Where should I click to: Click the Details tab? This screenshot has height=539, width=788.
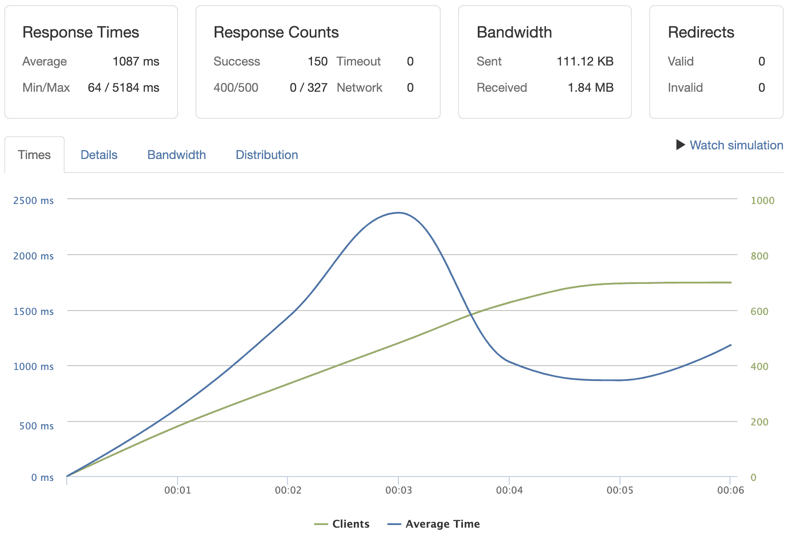click(99, 155)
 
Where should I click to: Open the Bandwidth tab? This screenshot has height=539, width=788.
click(176, 155)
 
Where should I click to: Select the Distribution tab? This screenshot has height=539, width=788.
click(267, 155)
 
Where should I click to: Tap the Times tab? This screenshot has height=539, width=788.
click(34, 155)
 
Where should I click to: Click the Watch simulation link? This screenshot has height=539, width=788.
click(736, 145)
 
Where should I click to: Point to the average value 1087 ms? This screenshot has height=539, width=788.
click(136, 62)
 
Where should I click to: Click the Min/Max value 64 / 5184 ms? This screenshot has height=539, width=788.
click(123, 88)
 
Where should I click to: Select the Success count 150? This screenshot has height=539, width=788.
click(317, 62)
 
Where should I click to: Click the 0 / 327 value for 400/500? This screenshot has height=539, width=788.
click(308, 88)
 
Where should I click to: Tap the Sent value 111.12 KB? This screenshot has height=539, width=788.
click(585, 62)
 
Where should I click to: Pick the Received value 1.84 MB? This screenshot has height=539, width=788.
click(590, 88)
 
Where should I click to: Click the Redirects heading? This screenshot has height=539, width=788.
click(701, 32)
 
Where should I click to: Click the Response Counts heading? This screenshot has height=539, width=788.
click(276, 32)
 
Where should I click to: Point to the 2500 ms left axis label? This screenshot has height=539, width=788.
click(33, 200)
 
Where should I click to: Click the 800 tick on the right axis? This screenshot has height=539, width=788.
click(759, 256)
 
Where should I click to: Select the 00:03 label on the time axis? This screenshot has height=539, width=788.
click(398, 490)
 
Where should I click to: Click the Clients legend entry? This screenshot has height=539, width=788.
click(343, 524)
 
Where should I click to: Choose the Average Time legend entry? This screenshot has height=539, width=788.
click(434, 524)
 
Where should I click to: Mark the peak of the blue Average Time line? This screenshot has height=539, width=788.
click(398, 213)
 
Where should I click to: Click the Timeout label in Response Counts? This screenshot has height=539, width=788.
click(358, 62)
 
